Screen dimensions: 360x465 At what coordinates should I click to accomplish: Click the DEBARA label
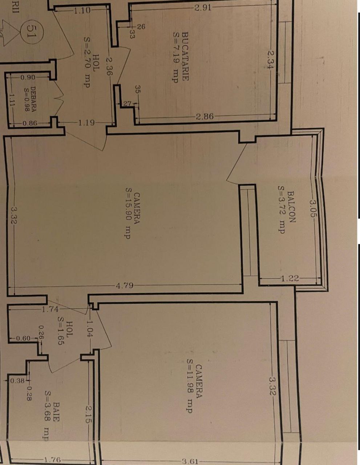[x=33, y=99]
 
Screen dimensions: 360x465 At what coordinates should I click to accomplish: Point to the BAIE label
[x=56, y=412]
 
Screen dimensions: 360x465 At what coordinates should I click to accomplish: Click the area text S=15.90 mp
[x=128, y=213]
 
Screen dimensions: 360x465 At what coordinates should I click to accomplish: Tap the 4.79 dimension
[x=125, y=286]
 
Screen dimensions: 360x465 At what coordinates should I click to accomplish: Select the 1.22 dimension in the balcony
[x=290, y=278]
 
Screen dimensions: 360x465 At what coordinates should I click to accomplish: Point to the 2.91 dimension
[x=203, y=8]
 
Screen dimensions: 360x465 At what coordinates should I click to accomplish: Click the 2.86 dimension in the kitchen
[x=205, y=116]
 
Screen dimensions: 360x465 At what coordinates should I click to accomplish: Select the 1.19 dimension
[x=86, y=123]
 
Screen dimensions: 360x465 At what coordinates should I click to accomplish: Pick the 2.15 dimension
[x=89, y=414]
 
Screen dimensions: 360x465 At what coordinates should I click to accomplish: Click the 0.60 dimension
[x=24, y=338]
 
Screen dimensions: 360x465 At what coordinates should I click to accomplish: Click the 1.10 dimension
[x=82, y=11]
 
